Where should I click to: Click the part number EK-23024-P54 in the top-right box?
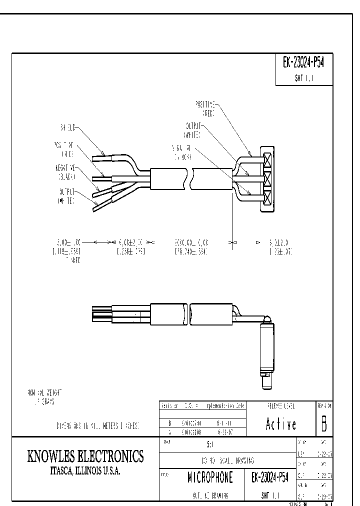pos(304,63)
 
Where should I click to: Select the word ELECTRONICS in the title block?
pos(115,456)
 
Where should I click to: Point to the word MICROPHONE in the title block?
pos(210,478)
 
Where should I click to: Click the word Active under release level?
pos(280,424)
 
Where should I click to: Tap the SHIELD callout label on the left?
pos(68,126)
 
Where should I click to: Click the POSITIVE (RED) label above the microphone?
pos(205,108)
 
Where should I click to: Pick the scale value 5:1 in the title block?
pos(210,443)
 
